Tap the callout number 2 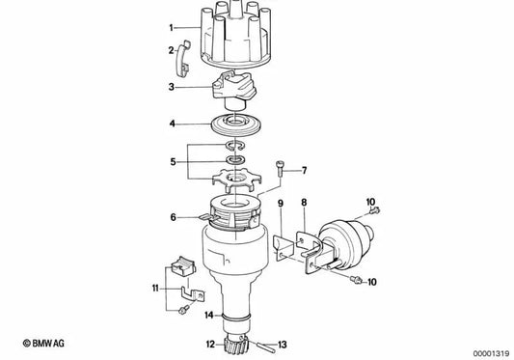172,50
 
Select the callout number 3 172,87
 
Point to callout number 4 172,124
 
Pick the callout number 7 303,171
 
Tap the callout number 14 209,315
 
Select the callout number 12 210,342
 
